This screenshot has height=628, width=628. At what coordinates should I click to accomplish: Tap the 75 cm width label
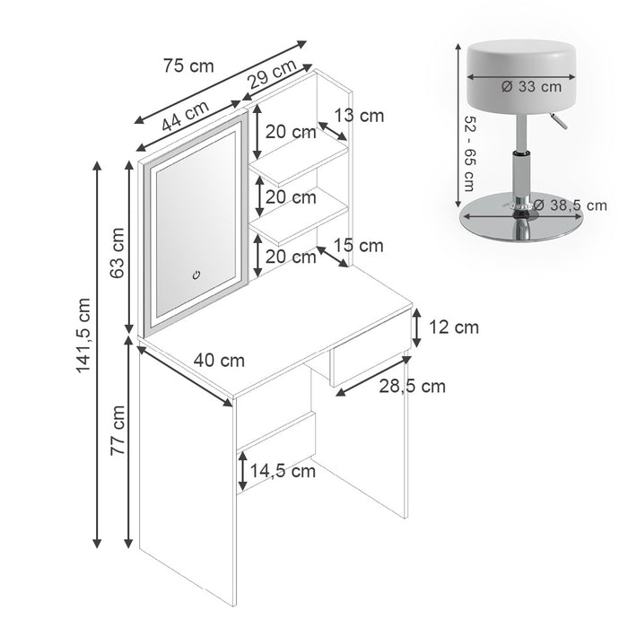189,65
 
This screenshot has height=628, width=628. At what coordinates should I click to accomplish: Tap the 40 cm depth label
220,360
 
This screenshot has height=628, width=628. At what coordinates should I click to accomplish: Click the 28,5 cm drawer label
414,387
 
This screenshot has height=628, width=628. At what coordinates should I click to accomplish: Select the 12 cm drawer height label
454,327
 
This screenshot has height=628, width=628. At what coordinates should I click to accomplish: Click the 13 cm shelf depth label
358,115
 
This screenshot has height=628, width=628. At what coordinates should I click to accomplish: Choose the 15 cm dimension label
357,245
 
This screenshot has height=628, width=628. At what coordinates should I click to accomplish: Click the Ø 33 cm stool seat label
532,87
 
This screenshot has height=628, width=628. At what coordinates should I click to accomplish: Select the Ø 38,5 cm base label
570,205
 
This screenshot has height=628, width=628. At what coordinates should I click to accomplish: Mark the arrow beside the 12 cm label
417,327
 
